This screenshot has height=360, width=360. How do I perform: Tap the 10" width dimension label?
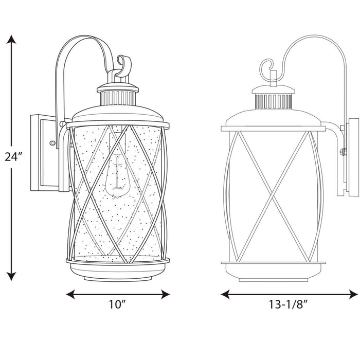click(x=118, y=304)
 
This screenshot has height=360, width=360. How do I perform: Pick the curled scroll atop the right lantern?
click(x=267, y=67)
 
